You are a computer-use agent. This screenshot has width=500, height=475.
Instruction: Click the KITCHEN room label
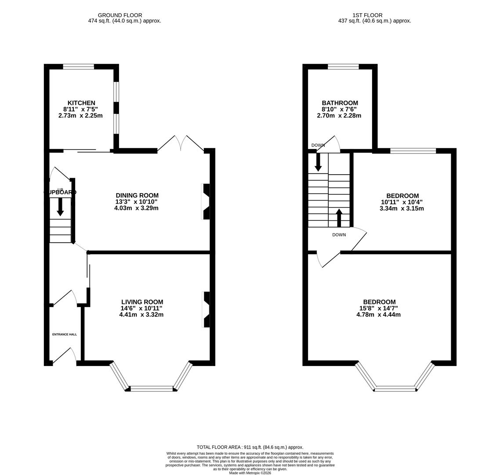click(x=81, y=103)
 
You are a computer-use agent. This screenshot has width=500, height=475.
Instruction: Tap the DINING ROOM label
click(x=137, y=195)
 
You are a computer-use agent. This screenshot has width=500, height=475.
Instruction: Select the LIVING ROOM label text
click(x=142, y=302)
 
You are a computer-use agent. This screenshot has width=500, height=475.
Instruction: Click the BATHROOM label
click(x=340, y=103)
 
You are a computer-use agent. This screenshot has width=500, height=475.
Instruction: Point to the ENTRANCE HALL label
click(x=65, y=334)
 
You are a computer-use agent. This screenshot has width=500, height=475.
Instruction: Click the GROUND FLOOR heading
click(x=120, y=15)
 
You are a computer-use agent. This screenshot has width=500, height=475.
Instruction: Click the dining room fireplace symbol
click(x=206, y=201)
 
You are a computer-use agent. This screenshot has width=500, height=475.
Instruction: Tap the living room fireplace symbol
click(x=206, y=309)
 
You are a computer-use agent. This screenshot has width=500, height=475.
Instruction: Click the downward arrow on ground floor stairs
click(x=60, y=207)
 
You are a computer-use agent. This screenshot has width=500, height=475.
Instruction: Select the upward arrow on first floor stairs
click(x=339, y=218)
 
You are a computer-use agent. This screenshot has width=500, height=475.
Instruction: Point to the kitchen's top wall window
click(x=78, y=67)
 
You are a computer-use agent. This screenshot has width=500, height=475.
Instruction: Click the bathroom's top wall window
click(x=343, y=67)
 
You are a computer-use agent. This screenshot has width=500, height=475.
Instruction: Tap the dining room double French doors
click(x=181, y=143)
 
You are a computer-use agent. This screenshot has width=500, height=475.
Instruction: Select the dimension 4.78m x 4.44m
click(x=378, y=314)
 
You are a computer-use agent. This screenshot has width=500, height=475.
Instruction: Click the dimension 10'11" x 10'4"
click(x=402, y=202)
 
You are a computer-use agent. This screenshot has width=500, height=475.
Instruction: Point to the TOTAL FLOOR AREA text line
click(x=250, y=447)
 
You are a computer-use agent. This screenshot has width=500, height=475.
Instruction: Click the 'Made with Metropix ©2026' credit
click(x=250, y=473)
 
